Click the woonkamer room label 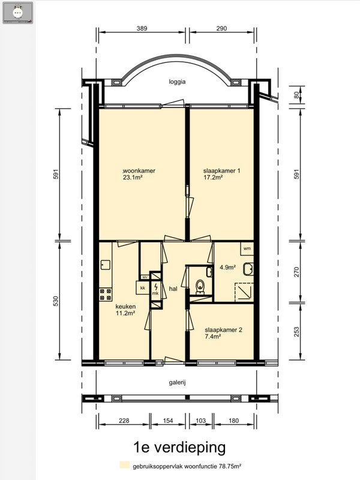[139, 171]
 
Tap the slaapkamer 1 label [221, 171]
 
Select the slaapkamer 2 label [223, 330]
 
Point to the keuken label [125, 307]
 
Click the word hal [173, 289]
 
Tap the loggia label [177, 82]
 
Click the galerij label [177, 382]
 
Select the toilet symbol [200, 287]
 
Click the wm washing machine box [247, 248]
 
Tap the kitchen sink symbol [106, 265]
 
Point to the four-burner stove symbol [106, 294]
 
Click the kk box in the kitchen [142, 288]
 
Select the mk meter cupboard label [156, 293]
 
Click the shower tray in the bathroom [244, 293]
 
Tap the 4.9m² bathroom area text [227, 267]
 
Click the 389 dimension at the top [142, 28]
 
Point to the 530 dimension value [55, 301]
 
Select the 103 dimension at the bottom [200, 421]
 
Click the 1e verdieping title [179, 447]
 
